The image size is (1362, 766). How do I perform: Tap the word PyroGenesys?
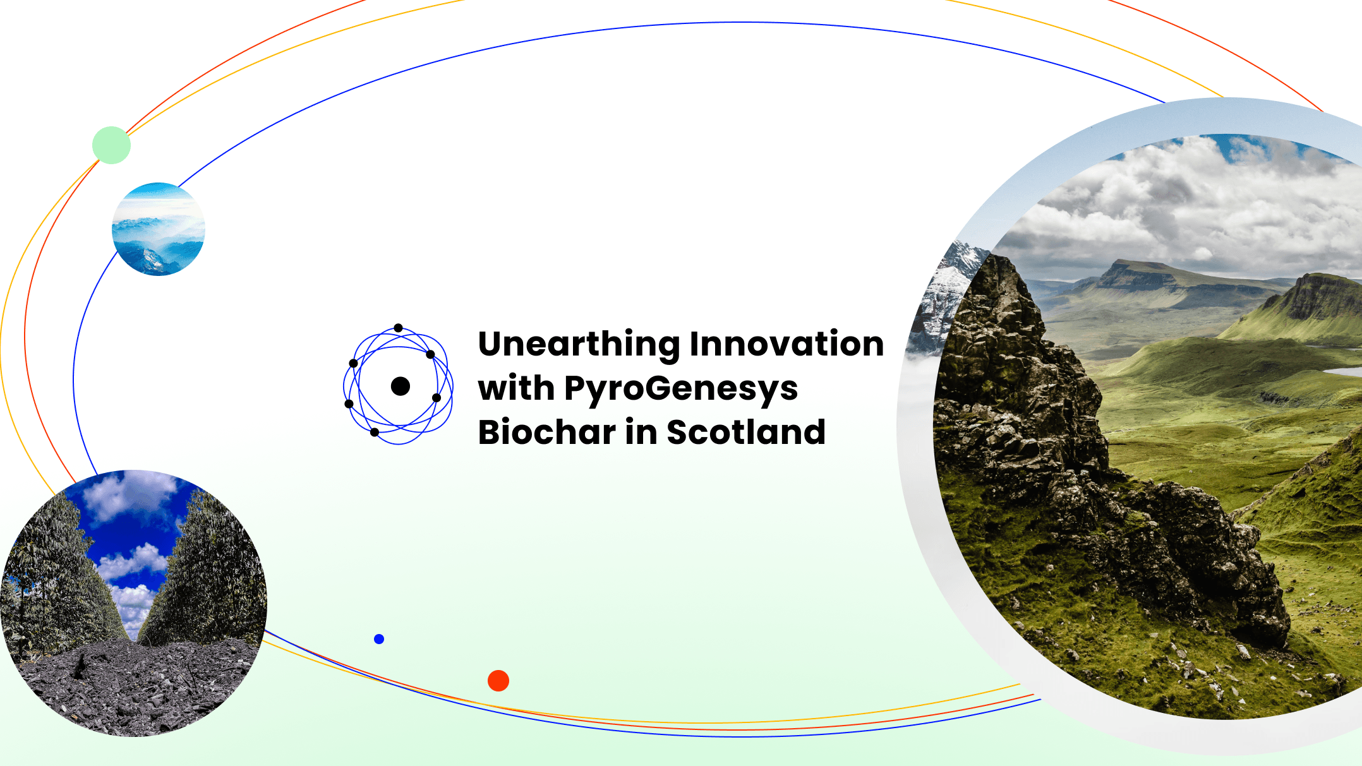point(680,388)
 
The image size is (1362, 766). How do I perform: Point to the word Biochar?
point(546,433)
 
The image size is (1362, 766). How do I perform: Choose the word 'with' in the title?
point(515,388)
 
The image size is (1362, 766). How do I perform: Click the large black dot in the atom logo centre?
point(401,386)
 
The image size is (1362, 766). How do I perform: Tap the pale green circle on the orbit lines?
point(111,145)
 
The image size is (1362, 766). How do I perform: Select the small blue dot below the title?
point(379,639)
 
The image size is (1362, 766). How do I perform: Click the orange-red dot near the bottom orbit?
point(498,681)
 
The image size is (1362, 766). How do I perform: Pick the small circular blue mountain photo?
point(158,229)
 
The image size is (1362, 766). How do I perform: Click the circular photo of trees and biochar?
point(134,603)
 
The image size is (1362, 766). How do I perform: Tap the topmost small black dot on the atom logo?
point(398,328)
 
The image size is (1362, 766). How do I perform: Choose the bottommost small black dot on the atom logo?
point(375,433)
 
